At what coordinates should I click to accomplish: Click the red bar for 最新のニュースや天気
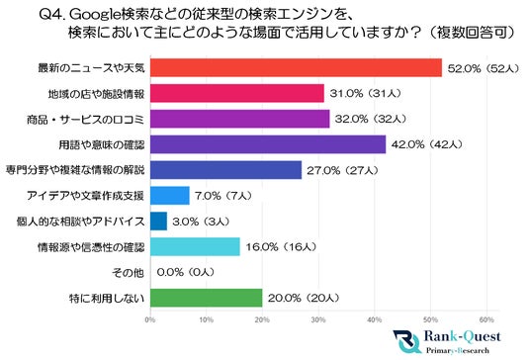(296, 67)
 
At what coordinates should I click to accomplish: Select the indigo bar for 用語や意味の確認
(267, 144)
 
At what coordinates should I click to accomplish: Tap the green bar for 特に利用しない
(206, 298)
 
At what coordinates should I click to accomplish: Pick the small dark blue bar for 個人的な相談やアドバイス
(158, 221)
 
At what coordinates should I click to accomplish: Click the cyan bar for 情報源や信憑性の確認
(194, 246)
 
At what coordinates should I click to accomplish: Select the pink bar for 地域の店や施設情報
(236, 93)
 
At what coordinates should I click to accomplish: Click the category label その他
(132, 272)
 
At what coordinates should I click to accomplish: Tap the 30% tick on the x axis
(317, 319)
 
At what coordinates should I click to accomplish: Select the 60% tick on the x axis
(486, 319)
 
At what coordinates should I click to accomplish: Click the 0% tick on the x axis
(149, 319)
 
